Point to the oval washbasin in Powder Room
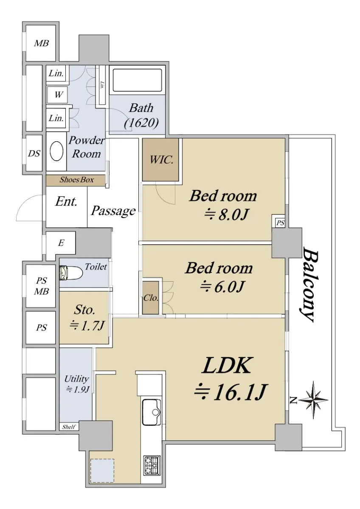coord(56,151)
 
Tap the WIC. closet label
coord(161,160)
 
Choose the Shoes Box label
coord(77,180)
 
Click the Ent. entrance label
coord(66,201)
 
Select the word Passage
coord(113,211)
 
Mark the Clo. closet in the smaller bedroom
coord(151,298)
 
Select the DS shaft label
coord(34,154)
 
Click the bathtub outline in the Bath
coord(138,81)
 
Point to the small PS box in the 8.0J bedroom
coord(280,223)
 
